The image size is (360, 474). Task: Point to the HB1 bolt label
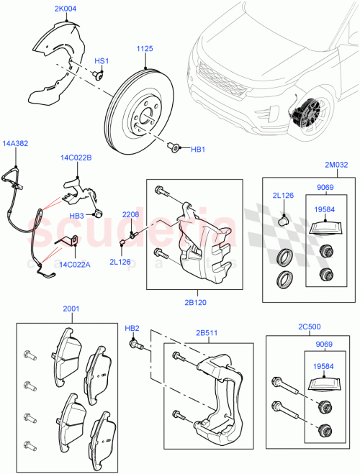point(197,150)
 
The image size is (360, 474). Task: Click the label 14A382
point(15,144)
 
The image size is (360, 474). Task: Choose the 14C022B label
point(76,157)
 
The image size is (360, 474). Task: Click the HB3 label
point(77,216)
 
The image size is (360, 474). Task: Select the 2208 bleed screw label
point(130,214)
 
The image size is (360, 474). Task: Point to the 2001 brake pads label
point(71,309)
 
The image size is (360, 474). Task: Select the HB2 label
point(132,328)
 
